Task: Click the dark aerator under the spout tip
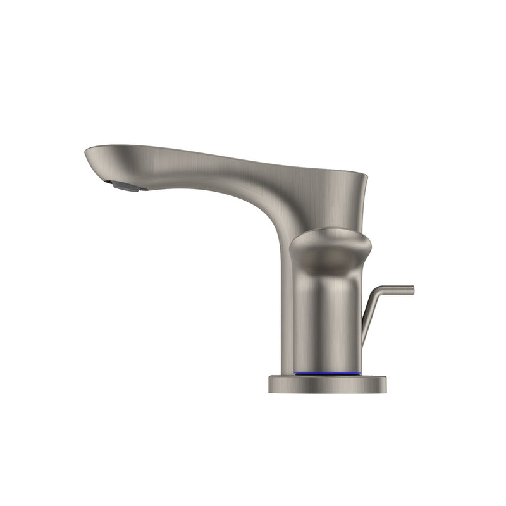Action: [126, 185]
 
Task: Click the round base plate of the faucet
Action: [327, 384]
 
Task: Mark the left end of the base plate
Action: [270, 384]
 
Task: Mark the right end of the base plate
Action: [385, 384]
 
